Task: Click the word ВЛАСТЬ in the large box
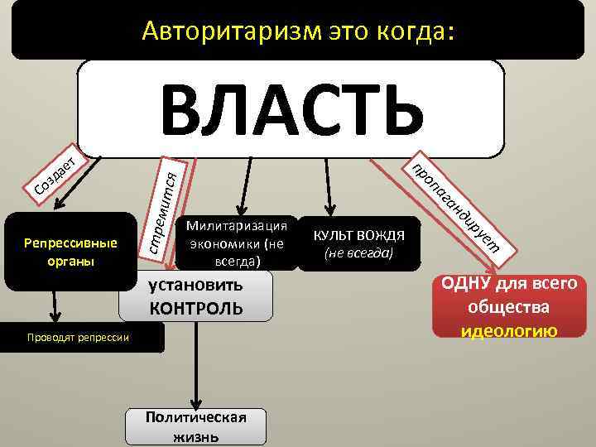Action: coord(291,108)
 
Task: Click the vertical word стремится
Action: coord(161,210)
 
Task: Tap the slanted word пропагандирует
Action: coord(455,203)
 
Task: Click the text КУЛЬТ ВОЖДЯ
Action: coord(358,235)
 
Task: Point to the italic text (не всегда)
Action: coord(358,253)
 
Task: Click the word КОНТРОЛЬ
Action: coord(196,309)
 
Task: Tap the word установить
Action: coord(196,286)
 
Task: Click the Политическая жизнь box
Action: coord(195,426)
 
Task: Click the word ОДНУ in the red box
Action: coord(466,284)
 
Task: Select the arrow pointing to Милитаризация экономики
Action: coord(243,186)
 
